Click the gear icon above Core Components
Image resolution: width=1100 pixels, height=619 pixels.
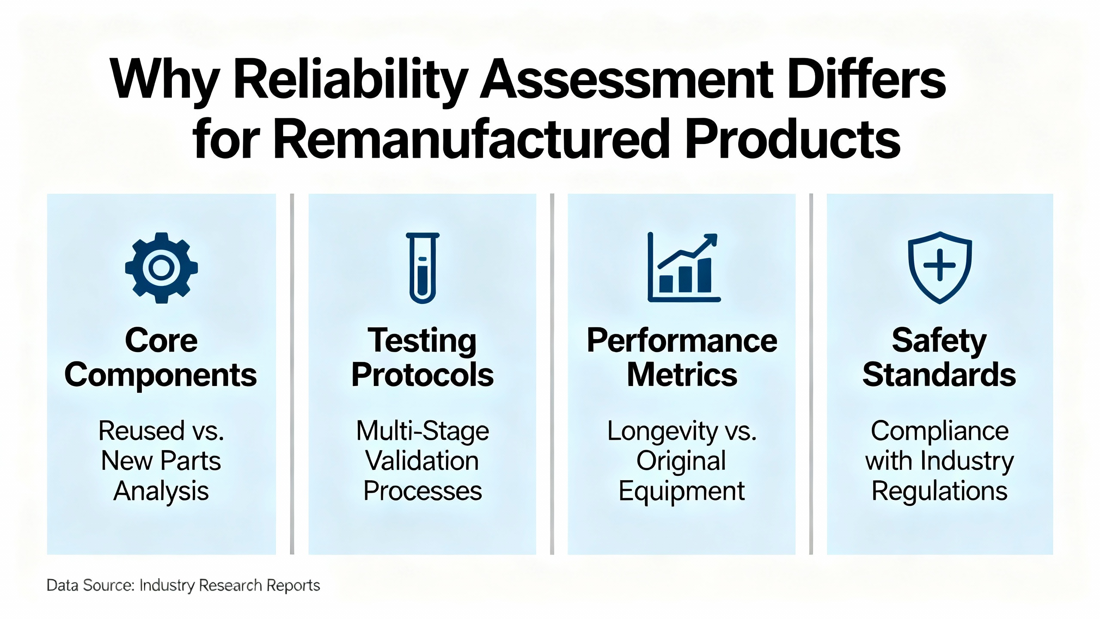click(x=162, y=268)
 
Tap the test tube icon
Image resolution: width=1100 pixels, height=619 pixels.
click(x=423, y=268)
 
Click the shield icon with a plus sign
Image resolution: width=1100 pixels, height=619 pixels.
click(x=940, y=267)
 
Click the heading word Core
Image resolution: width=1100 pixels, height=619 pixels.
click(x=162, y=340)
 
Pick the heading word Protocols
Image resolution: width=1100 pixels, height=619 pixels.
click(x=423, y=375)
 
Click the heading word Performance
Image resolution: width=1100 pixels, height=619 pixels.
click(x=682, y=340)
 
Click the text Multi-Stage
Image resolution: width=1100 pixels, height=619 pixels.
click(x=423, y=432)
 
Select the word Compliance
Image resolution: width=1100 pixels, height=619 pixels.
click(x=940, y=432)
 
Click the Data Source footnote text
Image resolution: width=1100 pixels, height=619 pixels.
click(x=183, y=585)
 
